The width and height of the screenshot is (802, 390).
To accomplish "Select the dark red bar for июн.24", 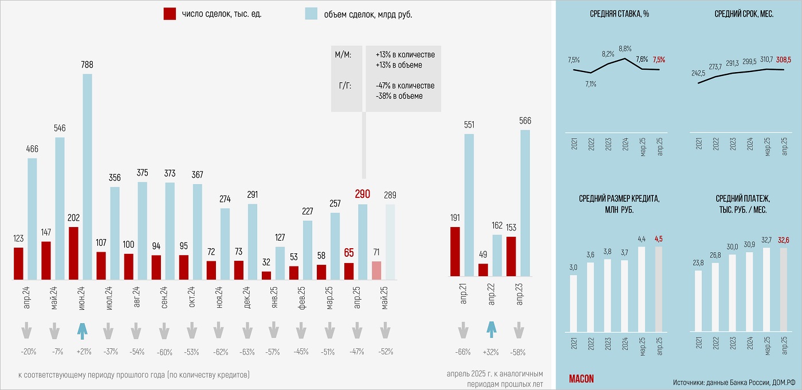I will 73,253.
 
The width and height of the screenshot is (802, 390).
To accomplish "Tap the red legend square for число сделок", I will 170,14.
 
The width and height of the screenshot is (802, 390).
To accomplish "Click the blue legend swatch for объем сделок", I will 311,14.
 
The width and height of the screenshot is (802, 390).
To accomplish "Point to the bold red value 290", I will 363,194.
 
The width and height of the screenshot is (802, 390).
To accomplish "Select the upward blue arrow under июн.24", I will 82,330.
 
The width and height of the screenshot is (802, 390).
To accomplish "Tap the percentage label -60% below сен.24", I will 165,352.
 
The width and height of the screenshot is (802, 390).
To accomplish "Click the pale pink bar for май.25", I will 376,270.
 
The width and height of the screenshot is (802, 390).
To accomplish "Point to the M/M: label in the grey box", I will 343,54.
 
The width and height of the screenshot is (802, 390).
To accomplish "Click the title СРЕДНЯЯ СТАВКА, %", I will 619,14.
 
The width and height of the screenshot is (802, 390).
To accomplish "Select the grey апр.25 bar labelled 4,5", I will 658,289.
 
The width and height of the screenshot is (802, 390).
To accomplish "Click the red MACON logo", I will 581,379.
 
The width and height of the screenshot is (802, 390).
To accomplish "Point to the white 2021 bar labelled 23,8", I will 698,301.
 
